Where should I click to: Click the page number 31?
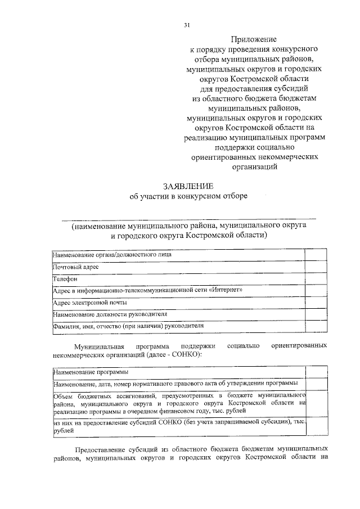187,25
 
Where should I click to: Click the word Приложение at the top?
253,39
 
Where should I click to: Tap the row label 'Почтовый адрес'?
76,267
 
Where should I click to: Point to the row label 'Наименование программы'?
89,372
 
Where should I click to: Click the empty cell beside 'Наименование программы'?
316,372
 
